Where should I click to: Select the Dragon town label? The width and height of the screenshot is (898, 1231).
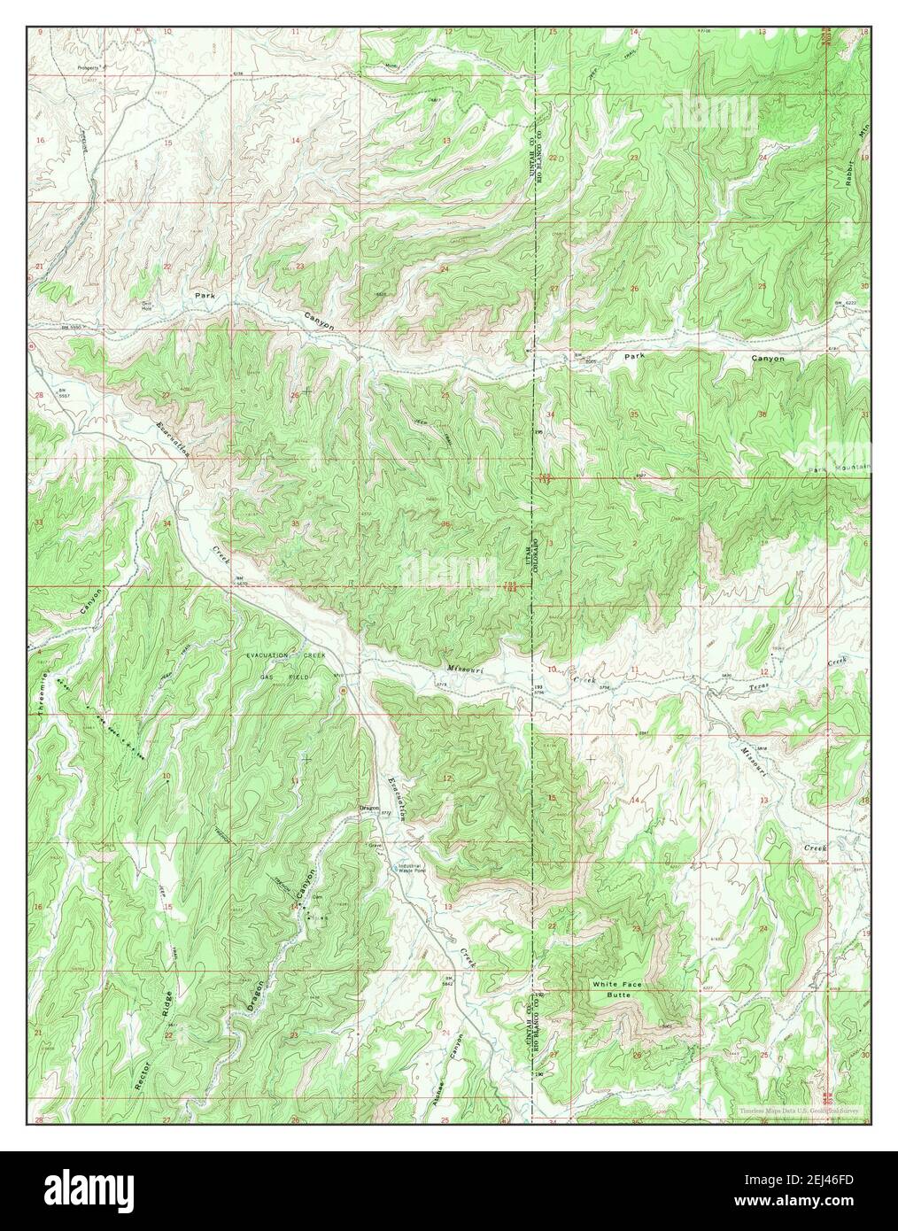pyautogui.click(x=369, y=807)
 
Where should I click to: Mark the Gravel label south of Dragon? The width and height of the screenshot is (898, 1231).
pyautogui.click(x=375, y=846)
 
